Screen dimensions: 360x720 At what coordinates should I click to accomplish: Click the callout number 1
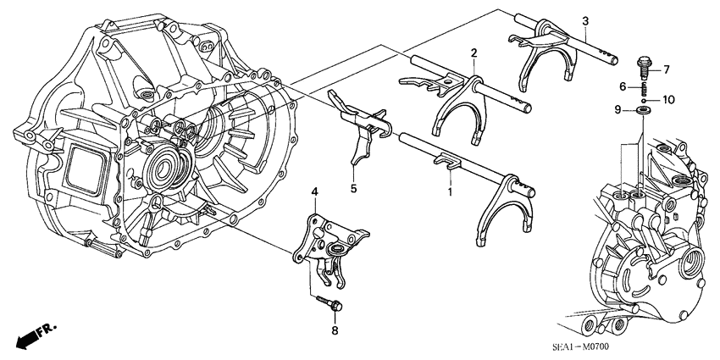pyautogui.click(x=450, y=193)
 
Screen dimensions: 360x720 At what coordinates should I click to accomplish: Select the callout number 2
pyautogui.click(x=474, y=53)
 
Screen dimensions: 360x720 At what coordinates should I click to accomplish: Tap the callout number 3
pyautogui.click(x=584, y=19)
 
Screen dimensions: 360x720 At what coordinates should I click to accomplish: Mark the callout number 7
pyautogui.click(x=666, y=69)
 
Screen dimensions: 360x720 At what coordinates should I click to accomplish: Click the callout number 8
pyautogui.click(x=334, y=330)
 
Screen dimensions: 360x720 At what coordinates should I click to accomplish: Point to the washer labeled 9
pyautogui.click(x=642, y=110)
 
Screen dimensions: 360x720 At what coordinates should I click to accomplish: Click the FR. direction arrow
pyautogui.click(x=26, y=337)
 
